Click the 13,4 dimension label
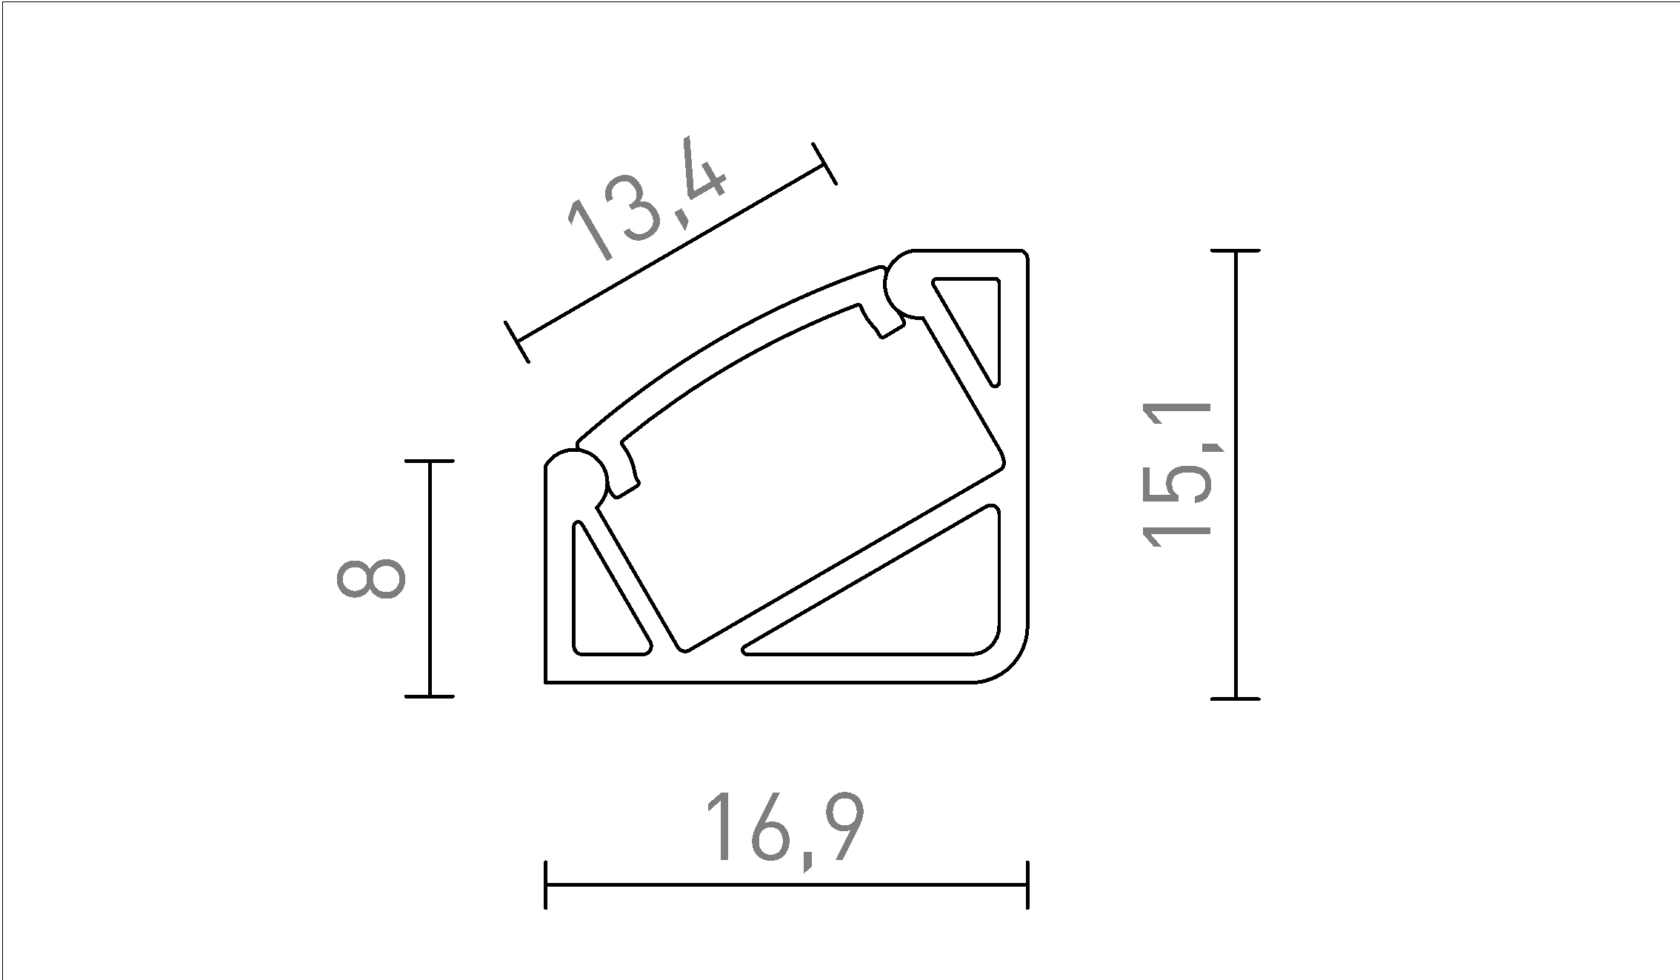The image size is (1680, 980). (645, 199)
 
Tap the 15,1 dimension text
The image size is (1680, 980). (1177, 475)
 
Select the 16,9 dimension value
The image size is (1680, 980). (784, 828)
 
